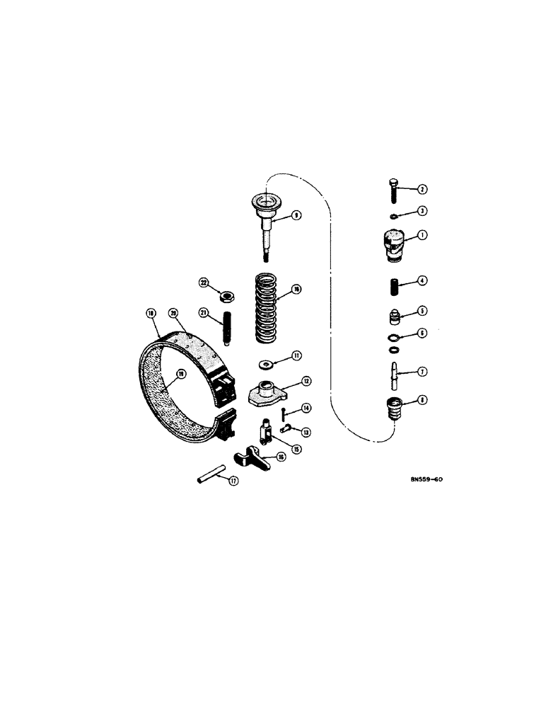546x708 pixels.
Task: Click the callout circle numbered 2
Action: (x=422, y=189)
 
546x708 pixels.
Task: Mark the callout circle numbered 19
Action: (x=180, y=375)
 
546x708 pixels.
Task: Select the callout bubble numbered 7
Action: (x=422, y=371)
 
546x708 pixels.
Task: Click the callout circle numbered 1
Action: (x=422, y=236)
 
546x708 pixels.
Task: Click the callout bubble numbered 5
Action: (x=422, y=310)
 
